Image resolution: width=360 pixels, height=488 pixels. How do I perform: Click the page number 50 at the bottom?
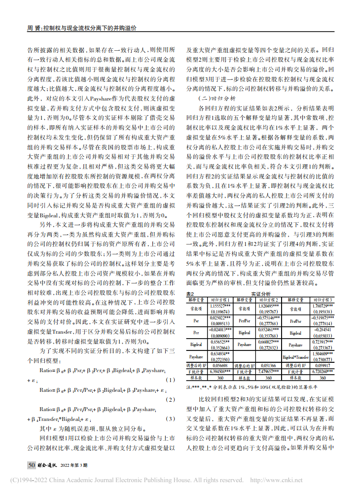point(31,465)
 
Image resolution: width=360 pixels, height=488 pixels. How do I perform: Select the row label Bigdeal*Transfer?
point(295,357)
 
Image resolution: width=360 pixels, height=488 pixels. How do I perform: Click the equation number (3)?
point(170,418)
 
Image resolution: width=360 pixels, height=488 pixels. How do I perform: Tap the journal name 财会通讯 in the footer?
point(47,465)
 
